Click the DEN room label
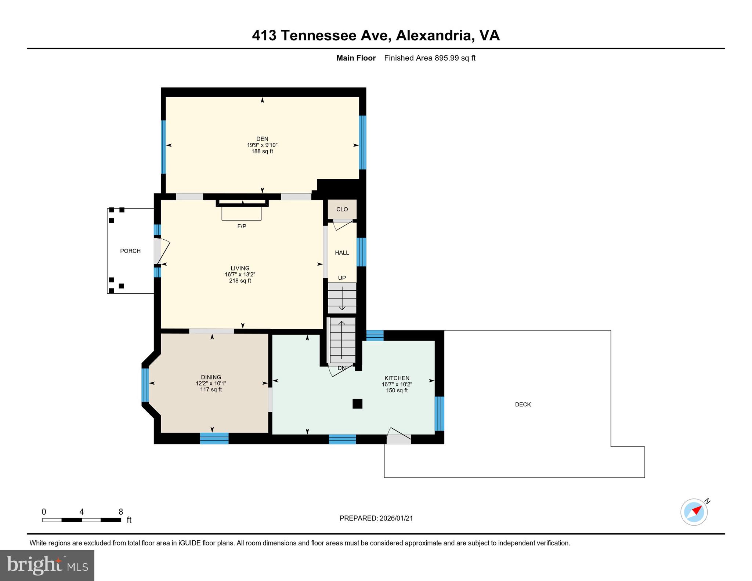pyautogui.click(x=262, y=139)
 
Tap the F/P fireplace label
pyautogui.click(x=242, y=226)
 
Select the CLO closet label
pyautogui.click(x=342, y=209)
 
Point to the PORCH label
pyautogui.click(x=130, y=251)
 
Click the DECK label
pyautogui.click(x=523, y=404)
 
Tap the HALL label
pyautogui.click(x=342, y=253)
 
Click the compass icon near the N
pyautogui.click(x=694, y=512)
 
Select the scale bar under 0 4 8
pyautogui.click(x=82, y=520)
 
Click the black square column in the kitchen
pyautogui.click(x=357, y=404)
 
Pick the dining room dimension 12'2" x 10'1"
pyautogui.click(x=211, y=383)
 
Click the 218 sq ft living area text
pyautogui.click(x=240, y=281)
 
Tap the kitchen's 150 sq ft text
pyautogui.click(x=397, y=391)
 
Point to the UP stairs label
pyautogui.click(x=342, y=278)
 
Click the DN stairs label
pyautogui.click(x=341, y=368)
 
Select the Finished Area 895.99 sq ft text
pyautogui.click(x=430, y=58)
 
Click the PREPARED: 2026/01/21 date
pyautogui.click(x=376, y=518)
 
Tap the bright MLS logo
pyautogui.click(x=47, y=565)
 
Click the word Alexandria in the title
pyautogui.click(x=434, y=36)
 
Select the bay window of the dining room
pyautogui.click(x=145, y=385)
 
